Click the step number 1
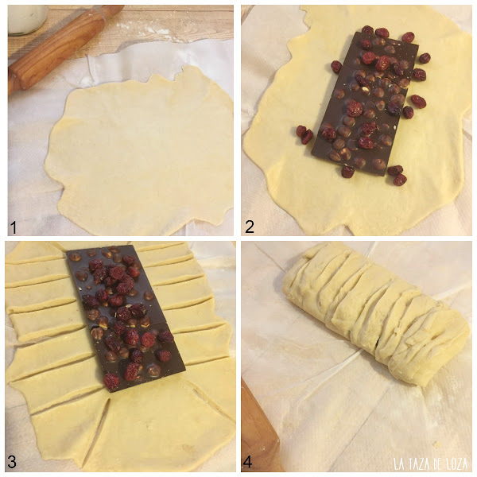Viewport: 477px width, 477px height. coord(13,227)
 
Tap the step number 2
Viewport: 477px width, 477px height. coord(250,227)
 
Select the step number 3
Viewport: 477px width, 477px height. coord(12,462)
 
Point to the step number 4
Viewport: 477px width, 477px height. coord(247,462)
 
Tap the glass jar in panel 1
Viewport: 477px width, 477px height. coord(27,19)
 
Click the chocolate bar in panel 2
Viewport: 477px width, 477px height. coord(365,103)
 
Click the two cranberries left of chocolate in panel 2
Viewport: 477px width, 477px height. coord(304,134)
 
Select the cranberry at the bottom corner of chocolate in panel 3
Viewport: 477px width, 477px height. coord(111,382)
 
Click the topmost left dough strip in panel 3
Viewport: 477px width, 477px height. coord(33,253)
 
